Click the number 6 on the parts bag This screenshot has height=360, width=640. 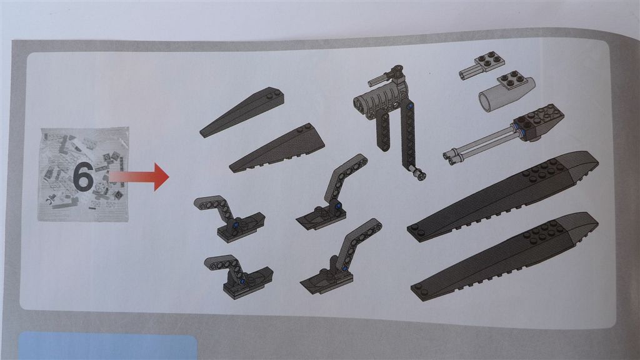[84, 177]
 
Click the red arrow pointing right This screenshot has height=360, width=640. [139, 177]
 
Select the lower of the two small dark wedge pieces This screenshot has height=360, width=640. [277, 147]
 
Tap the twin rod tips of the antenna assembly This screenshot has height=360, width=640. [449, 157]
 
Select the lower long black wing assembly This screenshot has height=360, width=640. [505, 256]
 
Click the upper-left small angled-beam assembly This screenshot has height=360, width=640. [229, 218]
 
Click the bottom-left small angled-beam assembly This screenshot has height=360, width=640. [239, 276]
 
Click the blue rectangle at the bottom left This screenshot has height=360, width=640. [107, 347]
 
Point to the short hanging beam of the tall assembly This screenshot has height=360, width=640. [384, 131]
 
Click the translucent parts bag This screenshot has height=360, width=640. [84, 175]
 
